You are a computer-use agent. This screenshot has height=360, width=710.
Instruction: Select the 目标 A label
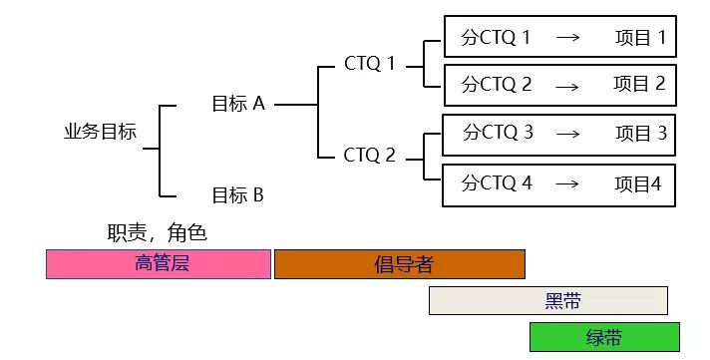237,104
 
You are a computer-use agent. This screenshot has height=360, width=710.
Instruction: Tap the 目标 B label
237,195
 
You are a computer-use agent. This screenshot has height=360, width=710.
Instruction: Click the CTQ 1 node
370,64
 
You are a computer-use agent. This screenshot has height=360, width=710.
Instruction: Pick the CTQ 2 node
370,156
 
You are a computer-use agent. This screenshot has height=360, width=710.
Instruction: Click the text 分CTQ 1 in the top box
496,38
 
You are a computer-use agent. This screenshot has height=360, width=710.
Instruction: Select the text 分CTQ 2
497,85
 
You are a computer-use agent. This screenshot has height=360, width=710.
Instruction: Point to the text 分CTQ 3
498,133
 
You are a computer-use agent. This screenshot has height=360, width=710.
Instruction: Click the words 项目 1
640,38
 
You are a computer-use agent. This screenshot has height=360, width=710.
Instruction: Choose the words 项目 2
639,85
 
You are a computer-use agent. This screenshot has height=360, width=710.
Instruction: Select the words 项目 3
641,133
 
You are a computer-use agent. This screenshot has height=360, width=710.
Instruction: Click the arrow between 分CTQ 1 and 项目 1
567,39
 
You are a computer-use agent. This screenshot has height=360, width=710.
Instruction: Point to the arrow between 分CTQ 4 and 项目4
566,184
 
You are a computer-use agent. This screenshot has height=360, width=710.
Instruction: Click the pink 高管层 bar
159,264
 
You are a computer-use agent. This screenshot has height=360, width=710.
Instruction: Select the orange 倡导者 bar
399,264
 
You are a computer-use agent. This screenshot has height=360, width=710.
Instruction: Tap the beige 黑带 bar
547,300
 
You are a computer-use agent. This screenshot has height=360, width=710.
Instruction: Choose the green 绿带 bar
604,337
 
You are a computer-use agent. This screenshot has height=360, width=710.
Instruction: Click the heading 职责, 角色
157,233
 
